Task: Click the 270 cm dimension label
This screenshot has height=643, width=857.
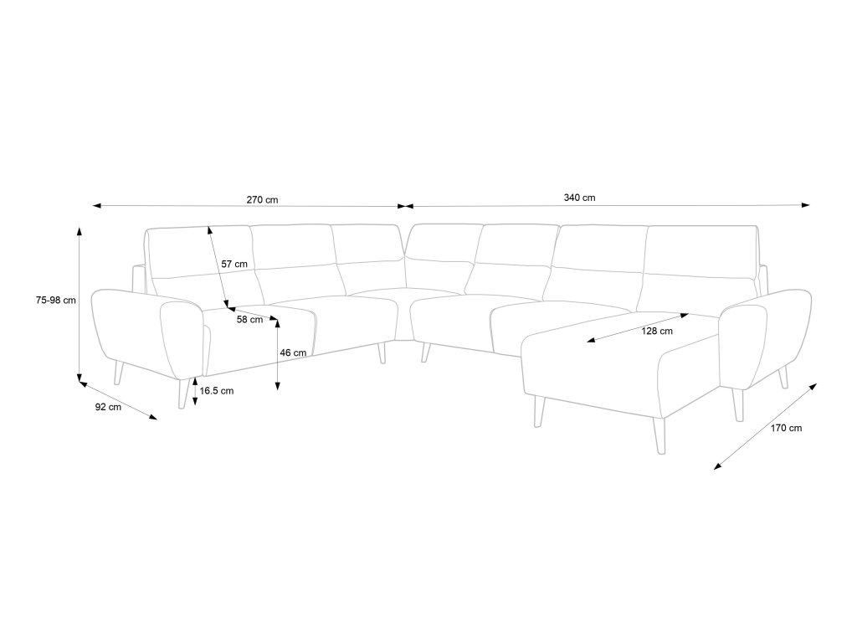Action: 262,199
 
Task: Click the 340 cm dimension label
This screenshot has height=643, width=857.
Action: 579,198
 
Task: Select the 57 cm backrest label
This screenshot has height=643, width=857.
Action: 234,265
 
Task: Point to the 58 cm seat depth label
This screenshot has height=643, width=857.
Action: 249,320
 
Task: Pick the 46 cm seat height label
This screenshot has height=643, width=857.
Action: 293,353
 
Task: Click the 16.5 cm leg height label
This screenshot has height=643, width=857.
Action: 216,391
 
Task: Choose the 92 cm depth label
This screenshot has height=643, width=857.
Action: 108,407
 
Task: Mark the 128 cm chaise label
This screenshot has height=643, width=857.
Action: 657,331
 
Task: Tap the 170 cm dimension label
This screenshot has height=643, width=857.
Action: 786,429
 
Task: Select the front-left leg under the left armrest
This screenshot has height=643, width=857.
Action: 182,394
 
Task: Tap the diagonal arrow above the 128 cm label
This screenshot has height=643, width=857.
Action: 638,327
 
